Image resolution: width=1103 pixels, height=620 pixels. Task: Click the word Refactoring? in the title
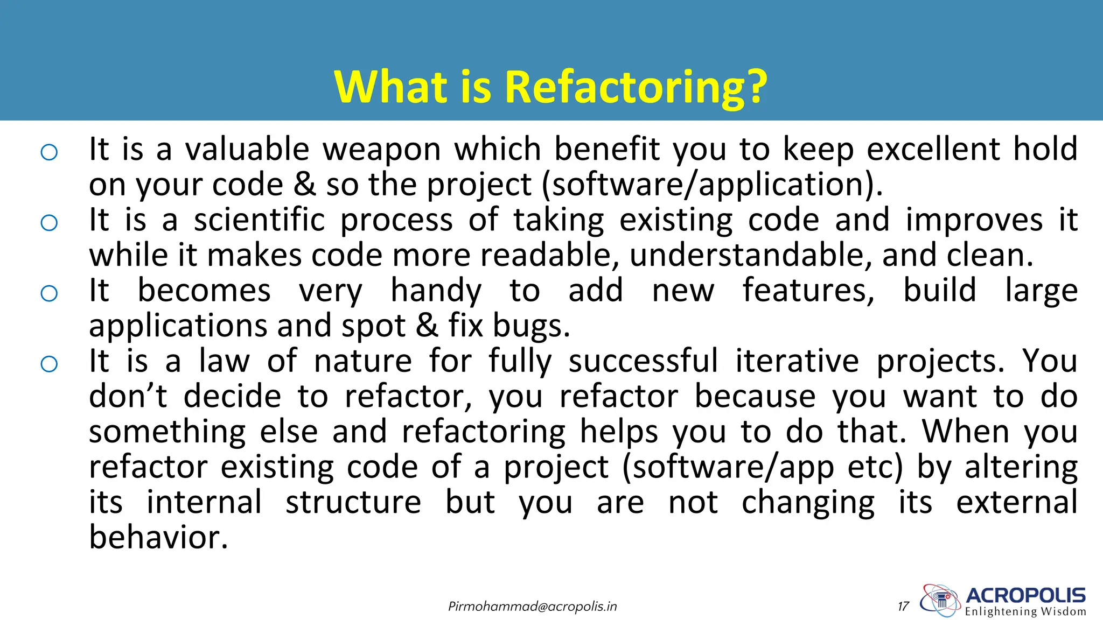[636, 87]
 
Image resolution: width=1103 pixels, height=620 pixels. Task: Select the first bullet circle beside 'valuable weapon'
[49, 152]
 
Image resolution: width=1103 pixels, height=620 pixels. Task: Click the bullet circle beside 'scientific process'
[49, 223]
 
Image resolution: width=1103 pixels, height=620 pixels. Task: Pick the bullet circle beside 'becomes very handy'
[49, 293]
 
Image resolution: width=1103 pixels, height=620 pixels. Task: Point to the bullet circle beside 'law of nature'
[49, 364]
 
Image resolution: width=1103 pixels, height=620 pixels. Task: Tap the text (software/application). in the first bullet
[712, 185]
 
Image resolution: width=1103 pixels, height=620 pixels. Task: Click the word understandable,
[751, 256]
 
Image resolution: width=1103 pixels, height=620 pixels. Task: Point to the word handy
[436, 291]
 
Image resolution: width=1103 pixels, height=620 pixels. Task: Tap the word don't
[128, 397]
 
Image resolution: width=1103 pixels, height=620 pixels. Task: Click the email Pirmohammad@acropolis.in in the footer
[533, 607]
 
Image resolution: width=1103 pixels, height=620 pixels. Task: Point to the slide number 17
[903, 607]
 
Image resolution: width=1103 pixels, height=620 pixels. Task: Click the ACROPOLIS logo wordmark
[1025, 596]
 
